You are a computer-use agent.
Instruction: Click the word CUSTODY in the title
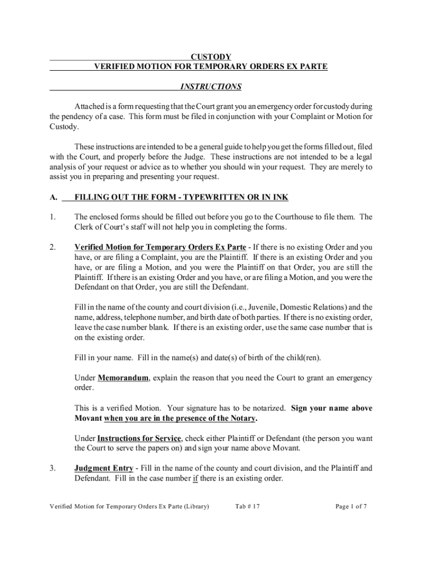(x=210, y=57)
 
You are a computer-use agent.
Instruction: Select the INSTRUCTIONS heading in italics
(x=210, y=87)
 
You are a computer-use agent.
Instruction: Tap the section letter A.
(x=53, y=197)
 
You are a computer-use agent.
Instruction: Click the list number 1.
(x=53, y=217)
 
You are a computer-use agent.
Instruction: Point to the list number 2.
(x=53, y=247)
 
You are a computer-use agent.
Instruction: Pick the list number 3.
(x=53, y=468)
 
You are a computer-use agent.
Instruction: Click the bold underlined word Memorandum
(x=122, y=378)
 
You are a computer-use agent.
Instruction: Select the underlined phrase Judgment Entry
(x=104, y=468)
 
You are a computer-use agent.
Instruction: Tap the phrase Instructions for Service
(x=139, y=438)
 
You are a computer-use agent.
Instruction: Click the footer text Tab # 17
(x=247, y=507)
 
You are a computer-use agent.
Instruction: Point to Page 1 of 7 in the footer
(x=351, y=507)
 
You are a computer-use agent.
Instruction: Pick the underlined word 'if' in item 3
(x=195, y=478)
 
